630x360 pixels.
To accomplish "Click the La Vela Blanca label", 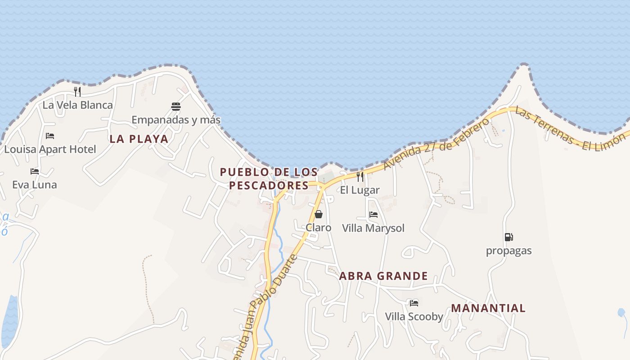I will coord(77,105).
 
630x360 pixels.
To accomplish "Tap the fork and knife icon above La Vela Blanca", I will coord(77,92).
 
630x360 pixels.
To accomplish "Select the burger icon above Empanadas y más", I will coord(176,107).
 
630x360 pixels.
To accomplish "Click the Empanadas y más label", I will coord(176,120).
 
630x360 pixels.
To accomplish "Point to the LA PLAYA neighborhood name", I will coord(139,139).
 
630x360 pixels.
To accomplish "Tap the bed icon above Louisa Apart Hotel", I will coord(50,136).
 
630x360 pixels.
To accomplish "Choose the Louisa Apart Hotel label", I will coord(50,149).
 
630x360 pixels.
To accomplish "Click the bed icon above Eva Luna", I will coord(35,171).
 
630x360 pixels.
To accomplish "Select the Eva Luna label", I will coord(35,184).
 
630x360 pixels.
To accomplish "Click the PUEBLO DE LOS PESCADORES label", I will coord(269,178).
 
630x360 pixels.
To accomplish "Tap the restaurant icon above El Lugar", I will coord(360,176).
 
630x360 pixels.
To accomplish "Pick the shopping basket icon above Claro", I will coord(319,214).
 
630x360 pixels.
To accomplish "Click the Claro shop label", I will coord(319,228).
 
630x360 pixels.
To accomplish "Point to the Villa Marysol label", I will coord(373,228).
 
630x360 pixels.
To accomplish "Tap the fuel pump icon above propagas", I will coord(508,237).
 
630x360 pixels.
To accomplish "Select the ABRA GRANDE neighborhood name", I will coord(383,276).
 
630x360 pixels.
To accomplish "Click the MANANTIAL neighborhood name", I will coord(488,308).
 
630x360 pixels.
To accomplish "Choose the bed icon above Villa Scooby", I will coord(414,303).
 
